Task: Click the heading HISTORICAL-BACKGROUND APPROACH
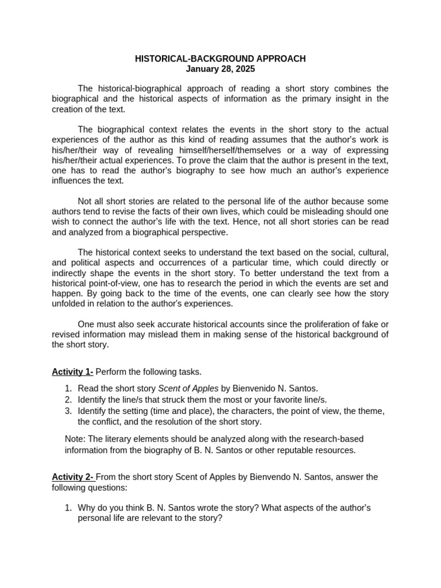[220, 59]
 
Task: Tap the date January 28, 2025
[220, 69]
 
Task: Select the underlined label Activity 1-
[72, 372]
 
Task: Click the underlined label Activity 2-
[73, 477]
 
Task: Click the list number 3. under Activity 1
[68, 411]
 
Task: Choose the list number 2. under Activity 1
[68, 400]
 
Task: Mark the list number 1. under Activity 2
[68, 508]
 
